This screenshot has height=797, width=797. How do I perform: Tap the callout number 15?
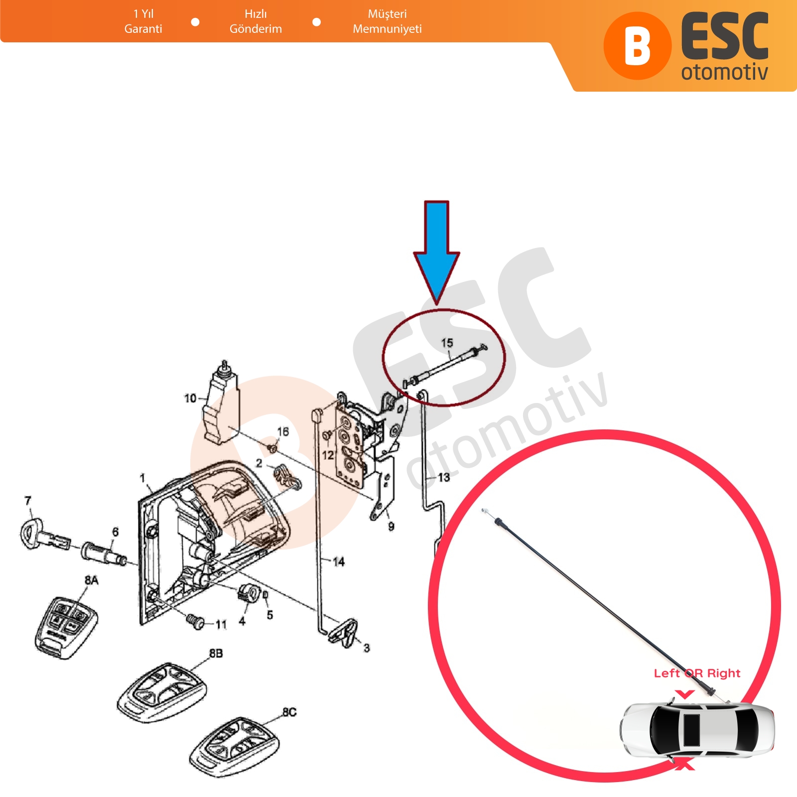coord(447,343)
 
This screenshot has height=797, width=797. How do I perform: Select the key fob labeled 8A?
coord(66,626)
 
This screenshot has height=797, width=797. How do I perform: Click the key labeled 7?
coord(45,535)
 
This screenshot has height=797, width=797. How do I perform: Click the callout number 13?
coord(444,477)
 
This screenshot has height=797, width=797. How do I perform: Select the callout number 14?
coord(339,562)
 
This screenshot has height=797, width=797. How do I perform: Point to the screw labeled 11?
coord(195,621)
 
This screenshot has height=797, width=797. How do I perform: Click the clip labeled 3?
coord(345,633)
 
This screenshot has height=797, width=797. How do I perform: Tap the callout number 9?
coord(391,526)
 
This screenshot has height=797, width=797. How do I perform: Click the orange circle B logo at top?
coord(637,46)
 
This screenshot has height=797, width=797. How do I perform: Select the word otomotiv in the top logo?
coord(724,72)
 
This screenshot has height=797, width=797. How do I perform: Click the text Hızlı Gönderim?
coord(256,21)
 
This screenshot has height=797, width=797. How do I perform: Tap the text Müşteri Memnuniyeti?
coord(387,21)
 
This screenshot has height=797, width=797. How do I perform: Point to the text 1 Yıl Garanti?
coord(143,21)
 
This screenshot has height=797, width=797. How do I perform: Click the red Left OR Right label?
coord(697,673)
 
